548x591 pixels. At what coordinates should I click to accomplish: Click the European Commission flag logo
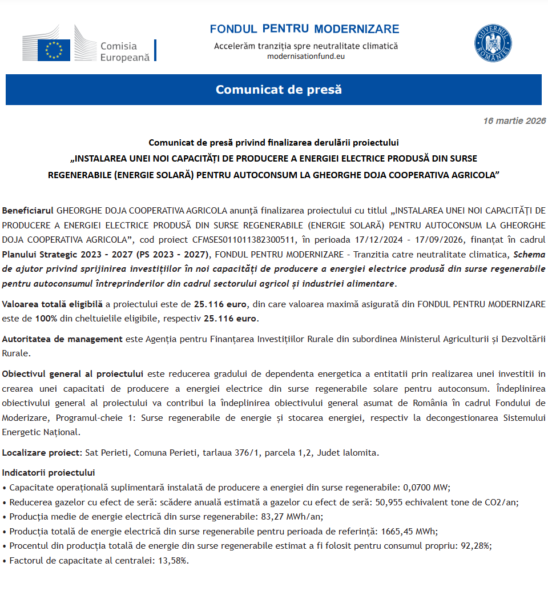pos(54,50)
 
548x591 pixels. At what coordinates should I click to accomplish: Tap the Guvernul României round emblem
pos(493,44)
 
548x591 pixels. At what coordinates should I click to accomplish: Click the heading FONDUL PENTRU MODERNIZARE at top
pos(304,29)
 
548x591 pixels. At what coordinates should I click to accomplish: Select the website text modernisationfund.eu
pos(305,56)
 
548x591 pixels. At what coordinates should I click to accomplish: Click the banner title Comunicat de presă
pos(279,90)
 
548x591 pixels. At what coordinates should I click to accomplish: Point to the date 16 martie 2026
pos(514,121)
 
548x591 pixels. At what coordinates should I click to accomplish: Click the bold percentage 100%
pos(46,319)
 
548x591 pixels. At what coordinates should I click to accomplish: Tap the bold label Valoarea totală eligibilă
pos(53,304)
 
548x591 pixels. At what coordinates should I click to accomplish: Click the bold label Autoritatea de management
pos(62,339)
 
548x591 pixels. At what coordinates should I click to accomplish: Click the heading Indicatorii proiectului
pos(49,473)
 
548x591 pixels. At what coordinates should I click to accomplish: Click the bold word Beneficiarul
pos(28,210)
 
